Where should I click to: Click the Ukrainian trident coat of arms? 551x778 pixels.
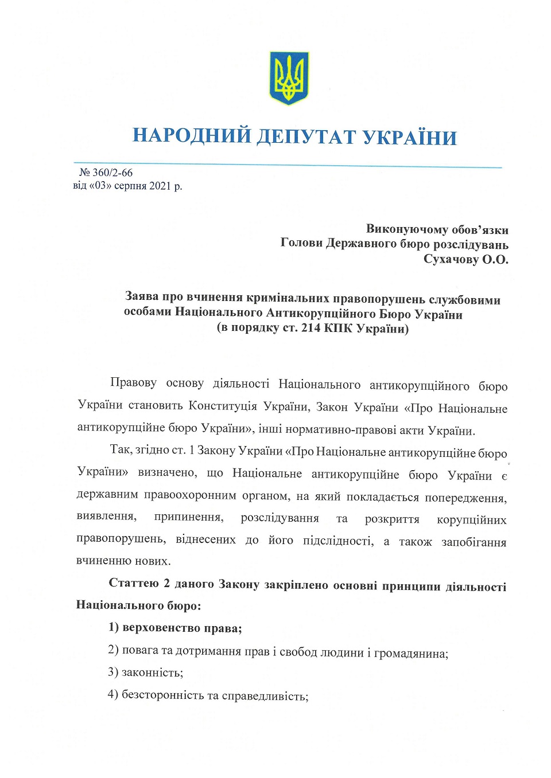(289, 78)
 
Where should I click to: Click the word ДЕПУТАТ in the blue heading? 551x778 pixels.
(306, 137)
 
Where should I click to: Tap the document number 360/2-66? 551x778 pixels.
(112, 173)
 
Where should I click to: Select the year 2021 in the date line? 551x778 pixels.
(160, 186)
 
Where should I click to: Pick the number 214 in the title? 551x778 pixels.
(311, 329)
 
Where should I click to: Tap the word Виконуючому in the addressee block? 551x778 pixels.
(407, 229)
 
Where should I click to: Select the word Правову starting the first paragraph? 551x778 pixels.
(133, 382)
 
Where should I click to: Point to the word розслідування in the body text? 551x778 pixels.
(280, 518)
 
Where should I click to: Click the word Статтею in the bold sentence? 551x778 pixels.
(134, 583)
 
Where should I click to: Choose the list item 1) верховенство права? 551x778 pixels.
(175, 628)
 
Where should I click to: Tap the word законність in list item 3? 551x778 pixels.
(152, 673)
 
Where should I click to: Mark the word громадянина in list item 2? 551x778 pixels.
(411, 654)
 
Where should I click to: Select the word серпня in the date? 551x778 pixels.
(131, 186)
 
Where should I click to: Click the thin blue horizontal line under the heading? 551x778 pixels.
(287, 165)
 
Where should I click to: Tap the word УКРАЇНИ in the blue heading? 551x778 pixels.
(410, 138)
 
